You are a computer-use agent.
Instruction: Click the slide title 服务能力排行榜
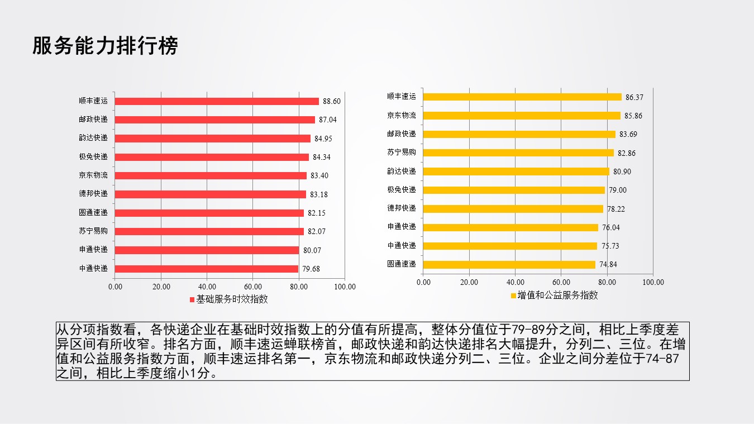click(105, 46)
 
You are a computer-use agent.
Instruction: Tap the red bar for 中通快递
click(207, 269)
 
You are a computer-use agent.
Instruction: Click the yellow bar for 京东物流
click(522, 115)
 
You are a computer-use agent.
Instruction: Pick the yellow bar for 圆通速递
click(509, 264)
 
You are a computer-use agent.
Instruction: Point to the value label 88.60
click(331, 101)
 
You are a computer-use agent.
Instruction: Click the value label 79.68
click(311, 269)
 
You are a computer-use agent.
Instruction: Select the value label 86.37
click(634, 97)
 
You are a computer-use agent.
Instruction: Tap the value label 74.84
click(608, 265)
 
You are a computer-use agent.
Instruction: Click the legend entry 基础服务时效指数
click(228, 299)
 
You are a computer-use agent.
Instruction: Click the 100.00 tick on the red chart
click(345, 287)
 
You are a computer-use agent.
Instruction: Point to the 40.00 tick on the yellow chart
click(516, 282)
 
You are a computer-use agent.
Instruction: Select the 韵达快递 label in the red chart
click(93, 138)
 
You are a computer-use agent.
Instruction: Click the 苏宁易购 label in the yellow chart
click(402, 153)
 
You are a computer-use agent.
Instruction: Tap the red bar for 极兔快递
click(212, 157)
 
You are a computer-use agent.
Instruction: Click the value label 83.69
click(628, 134)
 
